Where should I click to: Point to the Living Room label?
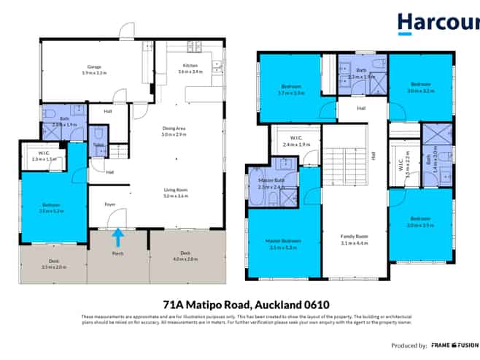tap(174, 193)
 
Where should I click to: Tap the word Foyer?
tap(110, 204)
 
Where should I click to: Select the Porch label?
tap(117, 255)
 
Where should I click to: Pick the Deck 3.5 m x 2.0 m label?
tap(53, 264)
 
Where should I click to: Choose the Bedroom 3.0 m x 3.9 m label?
tap(420, 222)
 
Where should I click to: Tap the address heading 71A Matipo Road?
tap(239, 303)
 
